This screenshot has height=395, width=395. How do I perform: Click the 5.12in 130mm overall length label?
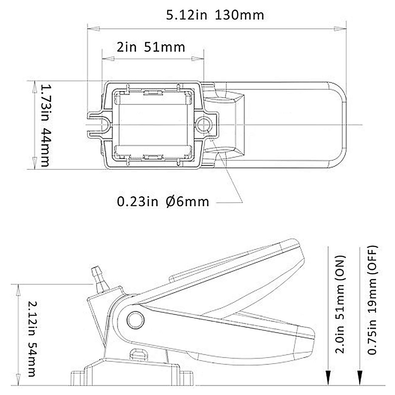click(215, 15)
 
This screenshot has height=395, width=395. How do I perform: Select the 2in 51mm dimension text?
click(151, 47)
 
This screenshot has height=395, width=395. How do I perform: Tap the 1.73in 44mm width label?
click(44, 125)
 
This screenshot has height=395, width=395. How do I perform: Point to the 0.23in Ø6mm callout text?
click(163, 201)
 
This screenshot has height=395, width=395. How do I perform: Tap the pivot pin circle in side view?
click(135, 319)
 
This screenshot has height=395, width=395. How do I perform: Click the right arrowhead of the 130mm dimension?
click(337, 29)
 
